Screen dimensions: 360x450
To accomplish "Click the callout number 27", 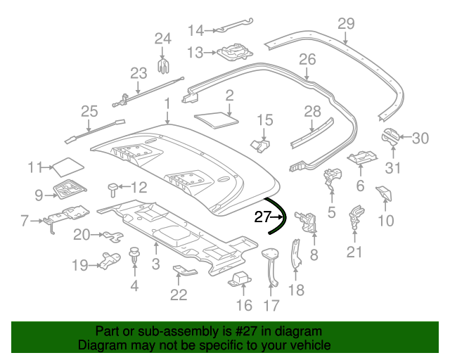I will coord(262,218).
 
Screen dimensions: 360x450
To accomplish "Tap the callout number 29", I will coord(346,24).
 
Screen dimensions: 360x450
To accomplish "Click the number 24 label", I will coord(162,38).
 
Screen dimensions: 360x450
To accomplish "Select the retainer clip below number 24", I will coord(163,66).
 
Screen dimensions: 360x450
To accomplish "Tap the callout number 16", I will coord(243,304).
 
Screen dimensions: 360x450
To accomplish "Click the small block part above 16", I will coord(241,278).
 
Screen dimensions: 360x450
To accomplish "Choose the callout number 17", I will coord(271,306).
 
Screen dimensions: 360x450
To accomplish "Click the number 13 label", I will coord(195,53).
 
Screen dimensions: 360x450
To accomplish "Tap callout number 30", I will coord(420,139).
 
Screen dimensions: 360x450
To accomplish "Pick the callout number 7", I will coord(25,221).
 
